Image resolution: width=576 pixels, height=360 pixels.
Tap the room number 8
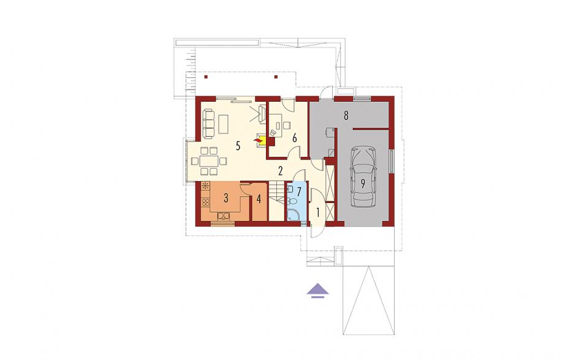tap(346, 115)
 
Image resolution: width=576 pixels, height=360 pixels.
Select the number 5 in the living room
tap(238, 146)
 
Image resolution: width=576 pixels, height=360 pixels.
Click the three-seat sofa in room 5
tap(208, 123)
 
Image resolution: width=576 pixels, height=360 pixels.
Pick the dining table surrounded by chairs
tap(209, 161)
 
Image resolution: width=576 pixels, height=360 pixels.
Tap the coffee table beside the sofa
tap(223, 124)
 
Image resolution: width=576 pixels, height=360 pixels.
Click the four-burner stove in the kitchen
tap(205, 202)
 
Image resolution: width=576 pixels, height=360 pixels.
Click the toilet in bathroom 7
tap(292, 201)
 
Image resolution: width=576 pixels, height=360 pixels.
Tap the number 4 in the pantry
tap(259, 199)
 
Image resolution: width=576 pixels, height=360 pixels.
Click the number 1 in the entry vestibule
tap(318, 212)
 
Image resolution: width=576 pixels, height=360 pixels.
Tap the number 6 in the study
tap(294, 138)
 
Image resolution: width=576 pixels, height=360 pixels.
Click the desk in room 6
tap(276, 125)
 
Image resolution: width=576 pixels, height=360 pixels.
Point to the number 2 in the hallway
tap(281, 170)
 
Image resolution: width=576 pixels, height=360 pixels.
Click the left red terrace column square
tap(206, 77)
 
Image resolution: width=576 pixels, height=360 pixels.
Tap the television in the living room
tap(262, 113)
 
